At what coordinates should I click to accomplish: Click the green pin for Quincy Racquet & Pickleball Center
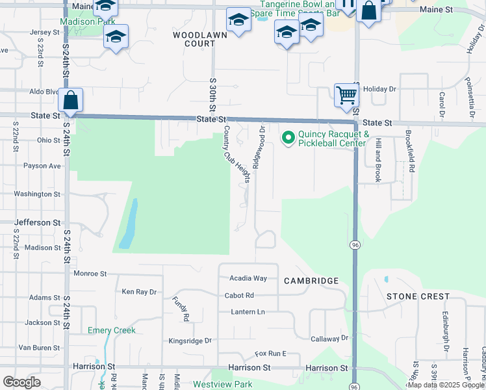click(x=288, y=138)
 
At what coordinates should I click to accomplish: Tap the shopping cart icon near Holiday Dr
click(x=346, y=95)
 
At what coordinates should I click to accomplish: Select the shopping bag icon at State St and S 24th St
click(x=70, y=100)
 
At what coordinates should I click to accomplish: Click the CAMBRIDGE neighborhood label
click(x=311, y=281)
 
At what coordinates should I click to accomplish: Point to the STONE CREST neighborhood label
click(x=418, y=296)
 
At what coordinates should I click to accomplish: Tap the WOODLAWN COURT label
click(x=194, y=38)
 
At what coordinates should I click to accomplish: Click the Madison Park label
click(x=87, y=21)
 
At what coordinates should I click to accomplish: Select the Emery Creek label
click(x=112, y=330)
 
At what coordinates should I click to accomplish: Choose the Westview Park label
click(x=222, y=384)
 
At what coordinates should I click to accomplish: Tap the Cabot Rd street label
click(x=240, y=295)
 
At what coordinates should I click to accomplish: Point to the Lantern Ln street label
click(x=248, y=312)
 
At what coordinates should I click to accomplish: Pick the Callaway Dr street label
click(x=329, y=339)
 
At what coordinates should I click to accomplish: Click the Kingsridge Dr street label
click(x=190, y=341)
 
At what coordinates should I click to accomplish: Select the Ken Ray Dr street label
click(x=139, y=292)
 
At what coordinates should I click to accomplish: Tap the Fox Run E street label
click(x=270, y=354)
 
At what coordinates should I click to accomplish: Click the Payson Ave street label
click(x=42, y=166)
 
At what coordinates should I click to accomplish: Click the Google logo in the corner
click(x=21, y=382)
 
